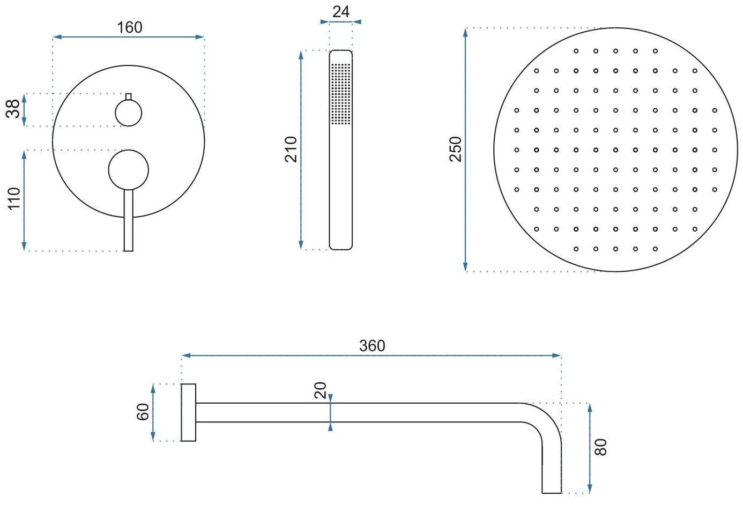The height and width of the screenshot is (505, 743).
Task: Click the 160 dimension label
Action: click(130, 27)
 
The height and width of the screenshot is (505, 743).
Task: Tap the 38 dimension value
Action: click(13, 109)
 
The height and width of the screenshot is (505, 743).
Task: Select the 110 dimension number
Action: click(14, 198)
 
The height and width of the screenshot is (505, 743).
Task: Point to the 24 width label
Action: click(340, 12)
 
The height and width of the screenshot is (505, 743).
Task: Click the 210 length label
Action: click(291, 150)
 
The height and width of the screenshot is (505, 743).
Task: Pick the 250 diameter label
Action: click(456, 150)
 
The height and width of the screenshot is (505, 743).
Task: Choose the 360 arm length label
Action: click(372, 346)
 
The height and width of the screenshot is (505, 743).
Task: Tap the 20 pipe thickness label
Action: click(321, 390)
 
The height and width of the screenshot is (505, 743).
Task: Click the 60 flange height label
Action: click(143, 412)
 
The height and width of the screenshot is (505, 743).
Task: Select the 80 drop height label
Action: click(601, 447)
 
